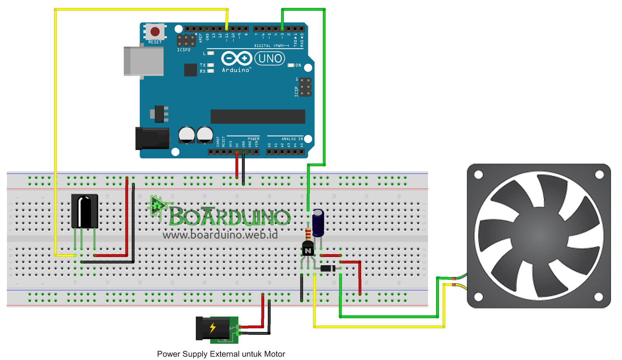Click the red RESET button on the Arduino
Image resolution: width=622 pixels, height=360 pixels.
[x=155, y=31]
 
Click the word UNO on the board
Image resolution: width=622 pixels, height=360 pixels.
[x=270, y=59]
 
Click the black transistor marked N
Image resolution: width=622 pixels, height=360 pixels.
[x=308, y=249]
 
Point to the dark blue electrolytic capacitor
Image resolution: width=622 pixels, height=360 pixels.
[x=318, y=223]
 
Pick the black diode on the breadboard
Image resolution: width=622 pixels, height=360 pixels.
[x=328, y=268]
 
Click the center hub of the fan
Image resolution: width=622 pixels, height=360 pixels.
[x=539, y=236]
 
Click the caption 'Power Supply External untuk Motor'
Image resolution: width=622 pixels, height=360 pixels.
[x=221, y=354]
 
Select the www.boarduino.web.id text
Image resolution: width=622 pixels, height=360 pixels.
[x=220, y=235]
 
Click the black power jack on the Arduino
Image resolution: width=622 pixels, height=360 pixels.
[x=152, y=138]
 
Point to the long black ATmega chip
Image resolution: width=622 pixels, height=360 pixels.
[x=258, y=116]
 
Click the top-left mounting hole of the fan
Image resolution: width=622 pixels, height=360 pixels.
[x=479, y=175]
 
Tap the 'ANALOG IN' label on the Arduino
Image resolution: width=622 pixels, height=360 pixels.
[x=292, y=139]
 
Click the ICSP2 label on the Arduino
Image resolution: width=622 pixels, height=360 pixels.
[x=184, y=50]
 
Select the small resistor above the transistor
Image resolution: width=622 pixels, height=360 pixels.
[x=308, y=234]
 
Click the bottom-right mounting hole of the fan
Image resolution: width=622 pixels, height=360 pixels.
[x=599, y=297]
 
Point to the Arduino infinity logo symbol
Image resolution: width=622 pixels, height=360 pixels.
[x=236, y=59]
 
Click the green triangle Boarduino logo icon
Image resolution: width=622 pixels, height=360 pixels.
[x=157, y=206]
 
